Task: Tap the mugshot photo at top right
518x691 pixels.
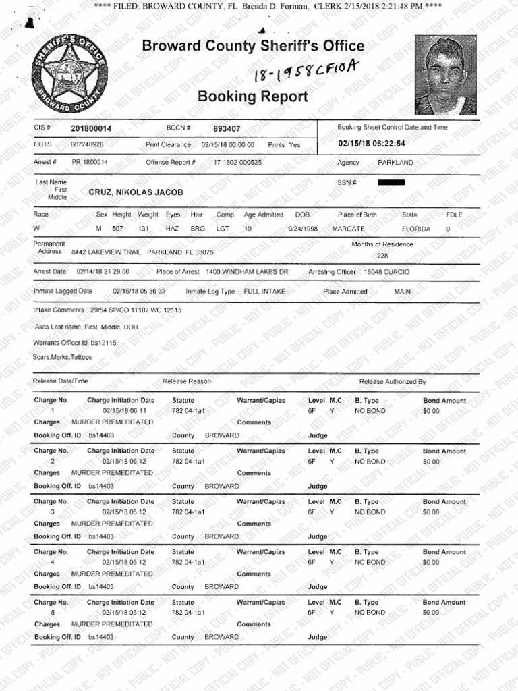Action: [x=444, y=75]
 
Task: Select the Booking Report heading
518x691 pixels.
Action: [x=252, y=96]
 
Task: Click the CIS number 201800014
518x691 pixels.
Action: [x=92, y=128]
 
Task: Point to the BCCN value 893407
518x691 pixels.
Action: [x=227, y=128]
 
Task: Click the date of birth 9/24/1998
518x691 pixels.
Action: [x=304, y=229]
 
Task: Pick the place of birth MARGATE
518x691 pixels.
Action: [x=348, y=229]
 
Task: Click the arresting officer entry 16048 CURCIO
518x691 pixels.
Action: [x=386, y=272]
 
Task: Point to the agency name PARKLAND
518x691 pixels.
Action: [x=395, y=163]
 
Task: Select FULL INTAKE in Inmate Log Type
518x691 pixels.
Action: [x=266, y=292]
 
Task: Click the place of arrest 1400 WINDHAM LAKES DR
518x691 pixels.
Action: [x=247, y=272]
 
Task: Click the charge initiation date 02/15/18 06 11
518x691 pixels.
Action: [x=124, y=411]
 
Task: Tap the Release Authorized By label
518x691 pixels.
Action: [x=393, y=381]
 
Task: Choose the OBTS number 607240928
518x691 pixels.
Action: [x=87, y=144]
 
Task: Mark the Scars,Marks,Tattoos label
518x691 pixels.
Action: [x=62, y=356]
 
